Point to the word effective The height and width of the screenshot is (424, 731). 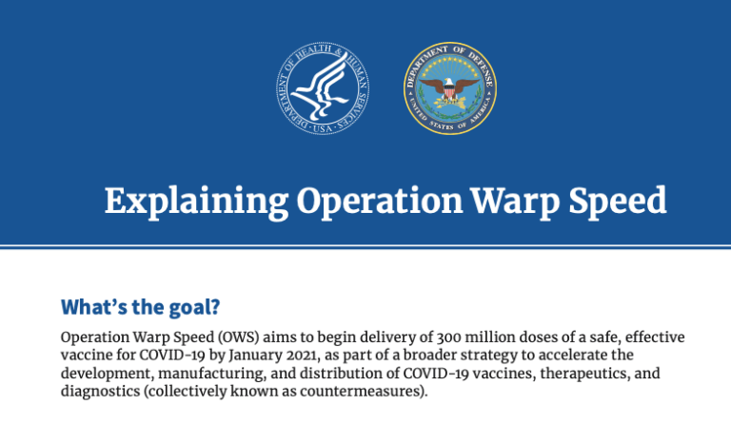653,337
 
